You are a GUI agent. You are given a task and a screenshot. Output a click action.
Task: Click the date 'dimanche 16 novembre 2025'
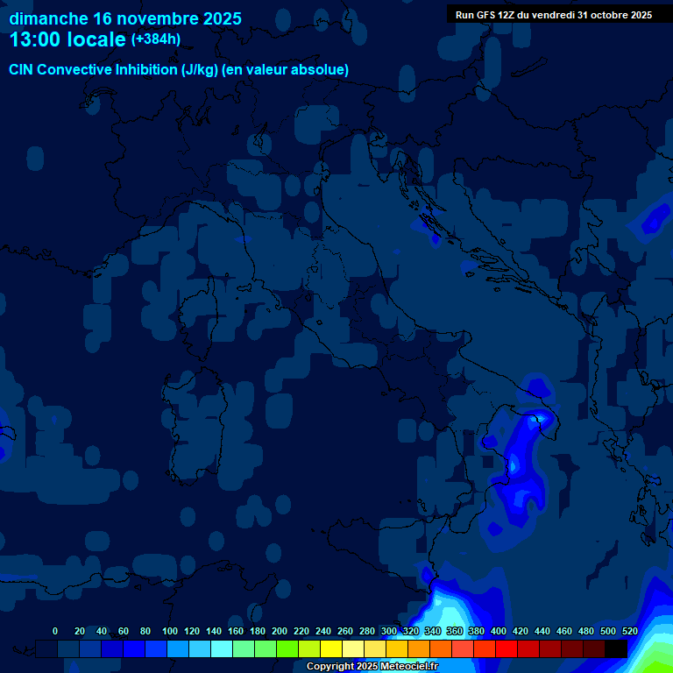tap(125, 18)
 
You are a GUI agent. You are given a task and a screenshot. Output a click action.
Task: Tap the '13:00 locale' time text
tap(67, 39)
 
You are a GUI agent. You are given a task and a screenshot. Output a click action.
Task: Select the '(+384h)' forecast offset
tap(156, 39)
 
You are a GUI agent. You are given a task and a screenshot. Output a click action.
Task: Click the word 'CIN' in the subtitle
tap(22, 70)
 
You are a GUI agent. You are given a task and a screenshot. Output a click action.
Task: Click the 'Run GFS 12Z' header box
tap(553, 15)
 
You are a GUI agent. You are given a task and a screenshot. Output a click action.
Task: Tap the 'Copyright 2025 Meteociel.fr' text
tap(372, 667)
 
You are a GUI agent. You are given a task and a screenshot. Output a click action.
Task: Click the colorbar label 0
tap(55, 631)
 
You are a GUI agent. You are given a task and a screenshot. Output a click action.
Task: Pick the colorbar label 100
tap(170, 631)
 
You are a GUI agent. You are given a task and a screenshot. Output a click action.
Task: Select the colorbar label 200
tap(280, 631)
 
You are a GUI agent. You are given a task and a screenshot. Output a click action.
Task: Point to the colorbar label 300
tap(389, 631)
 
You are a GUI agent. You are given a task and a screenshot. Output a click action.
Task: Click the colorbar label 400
tap(499, 631)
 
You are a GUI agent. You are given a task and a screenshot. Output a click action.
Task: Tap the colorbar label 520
tap(630, 631)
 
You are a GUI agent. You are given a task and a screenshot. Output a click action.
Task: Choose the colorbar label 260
tap(345, 631)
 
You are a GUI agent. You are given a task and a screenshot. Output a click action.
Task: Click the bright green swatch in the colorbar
tap(287, 648)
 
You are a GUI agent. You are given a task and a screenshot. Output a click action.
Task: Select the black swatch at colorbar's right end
tap(616, 648)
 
